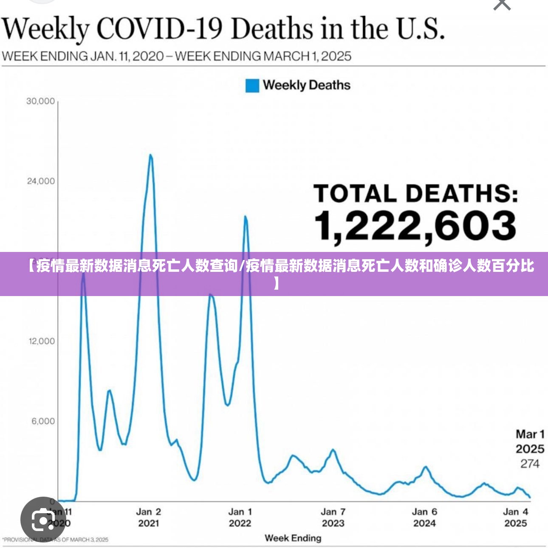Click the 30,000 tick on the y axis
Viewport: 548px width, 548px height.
pos(41,101)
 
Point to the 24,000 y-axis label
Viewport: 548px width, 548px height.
pos(41,181)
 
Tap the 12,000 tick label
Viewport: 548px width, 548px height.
pos(42,341)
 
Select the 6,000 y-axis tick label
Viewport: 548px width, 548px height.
pos(43,421)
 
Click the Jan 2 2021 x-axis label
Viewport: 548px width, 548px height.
pos(149,517)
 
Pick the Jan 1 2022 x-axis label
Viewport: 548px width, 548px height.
pos(240,517)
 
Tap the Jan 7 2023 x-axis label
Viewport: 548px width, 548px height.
pos(333,517)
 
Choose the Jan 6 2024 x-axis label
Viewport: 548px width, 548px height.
pos(424,517)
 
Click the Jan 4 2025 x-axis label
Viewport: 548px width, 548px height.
pos(516,517)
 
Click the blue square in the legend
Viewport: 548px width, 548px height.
pos(252,86)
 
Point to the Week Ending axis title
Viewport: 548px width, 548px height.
pos(293,538)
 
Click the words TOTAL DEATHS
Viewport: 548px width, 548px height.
pos(415,194)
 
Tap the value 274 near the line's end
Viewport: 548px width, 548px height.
pos(530,464)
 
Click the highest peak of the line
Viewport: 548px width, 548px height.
pos(150,155)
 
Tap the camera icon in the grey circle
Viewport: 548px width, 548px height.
pos(43,519)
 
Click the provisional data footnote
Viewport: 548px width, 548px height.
pos(56,540)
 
